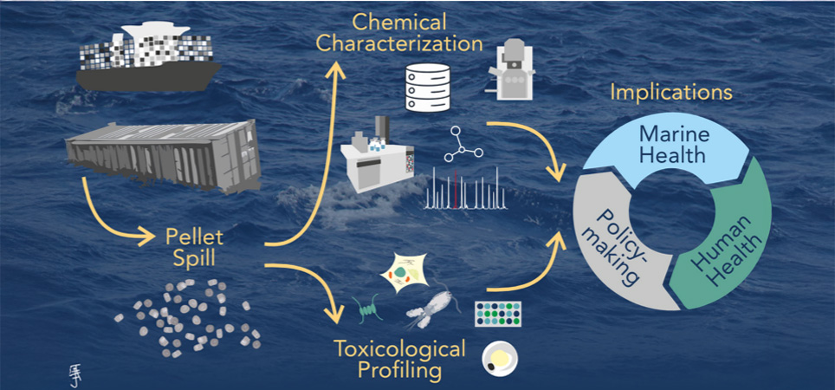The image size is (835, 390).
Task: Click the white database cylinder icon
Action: click(x=428, y=86)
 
